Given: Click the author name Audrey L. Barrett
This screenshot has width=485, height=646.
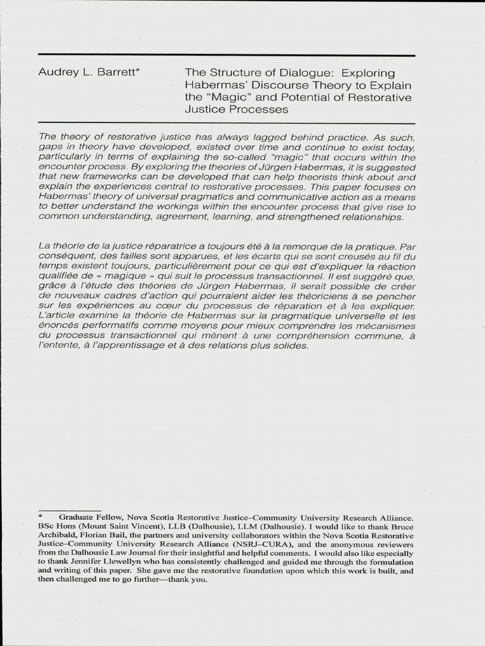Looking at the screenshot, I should click(88, 73).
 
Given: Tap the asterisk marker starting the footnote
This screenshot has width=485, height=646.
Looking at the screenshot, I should click(40, 515).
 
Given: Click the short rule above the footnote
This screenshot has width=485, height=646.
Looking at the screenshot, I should click(69, 509).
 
